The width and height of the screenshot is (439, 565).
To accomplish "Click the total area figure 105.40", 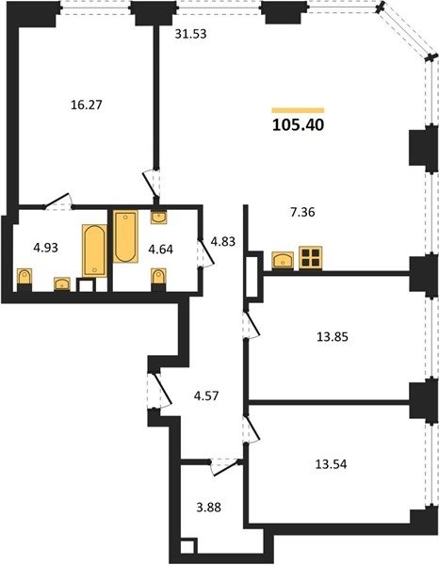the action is (299, 125).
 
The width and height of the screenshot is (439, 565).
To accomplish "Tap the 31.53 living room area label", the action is (190, 34).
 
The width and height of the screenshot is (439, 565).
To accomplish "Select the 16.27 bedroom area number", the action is (87, 105).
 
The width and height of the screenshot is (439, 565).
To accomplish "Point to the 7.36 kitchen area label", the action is (302, 212).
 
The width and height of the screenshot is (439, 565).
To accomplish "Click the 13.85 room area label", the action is (333, 337).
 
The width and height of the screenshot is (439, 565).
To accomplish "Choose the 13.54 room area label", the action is (331, 464).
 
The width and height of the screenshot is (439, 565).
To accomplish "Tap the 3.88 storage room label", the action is (209, 508).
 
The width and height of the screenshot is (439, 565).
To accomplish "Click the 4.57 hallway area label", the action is (206, 396).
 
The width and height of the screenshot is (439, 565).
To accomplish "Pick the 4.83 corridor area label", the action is (223, 241).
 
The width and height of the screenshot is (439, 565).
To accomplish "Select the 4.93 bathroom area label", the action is (45, 248).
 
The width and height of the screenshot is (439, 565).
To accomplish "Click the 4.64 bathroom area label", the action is (161, 249).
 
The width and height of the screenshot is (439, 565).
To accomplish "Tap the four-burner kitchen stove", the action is (310, 258).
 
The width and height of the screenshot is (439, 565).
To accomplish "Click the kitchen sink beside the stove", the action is (283, 260).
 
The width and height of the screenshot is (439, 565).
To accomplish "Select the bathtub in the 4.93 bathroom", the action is (95, 250).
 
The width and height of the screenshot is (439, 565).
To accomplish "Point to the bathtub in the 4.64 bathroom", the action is (125, 236).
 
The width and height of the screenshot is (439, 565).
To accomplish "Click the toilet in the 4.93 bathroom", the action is (24, 280).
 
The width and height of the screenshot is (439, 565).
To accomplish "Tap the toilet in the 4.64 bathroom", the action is (158, 280).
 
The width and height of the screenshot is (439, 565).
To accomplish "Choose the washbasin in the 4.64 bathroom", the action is (158, 218).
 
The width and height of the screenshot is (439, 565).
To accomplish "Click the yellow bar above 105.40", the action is (298, 110).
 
